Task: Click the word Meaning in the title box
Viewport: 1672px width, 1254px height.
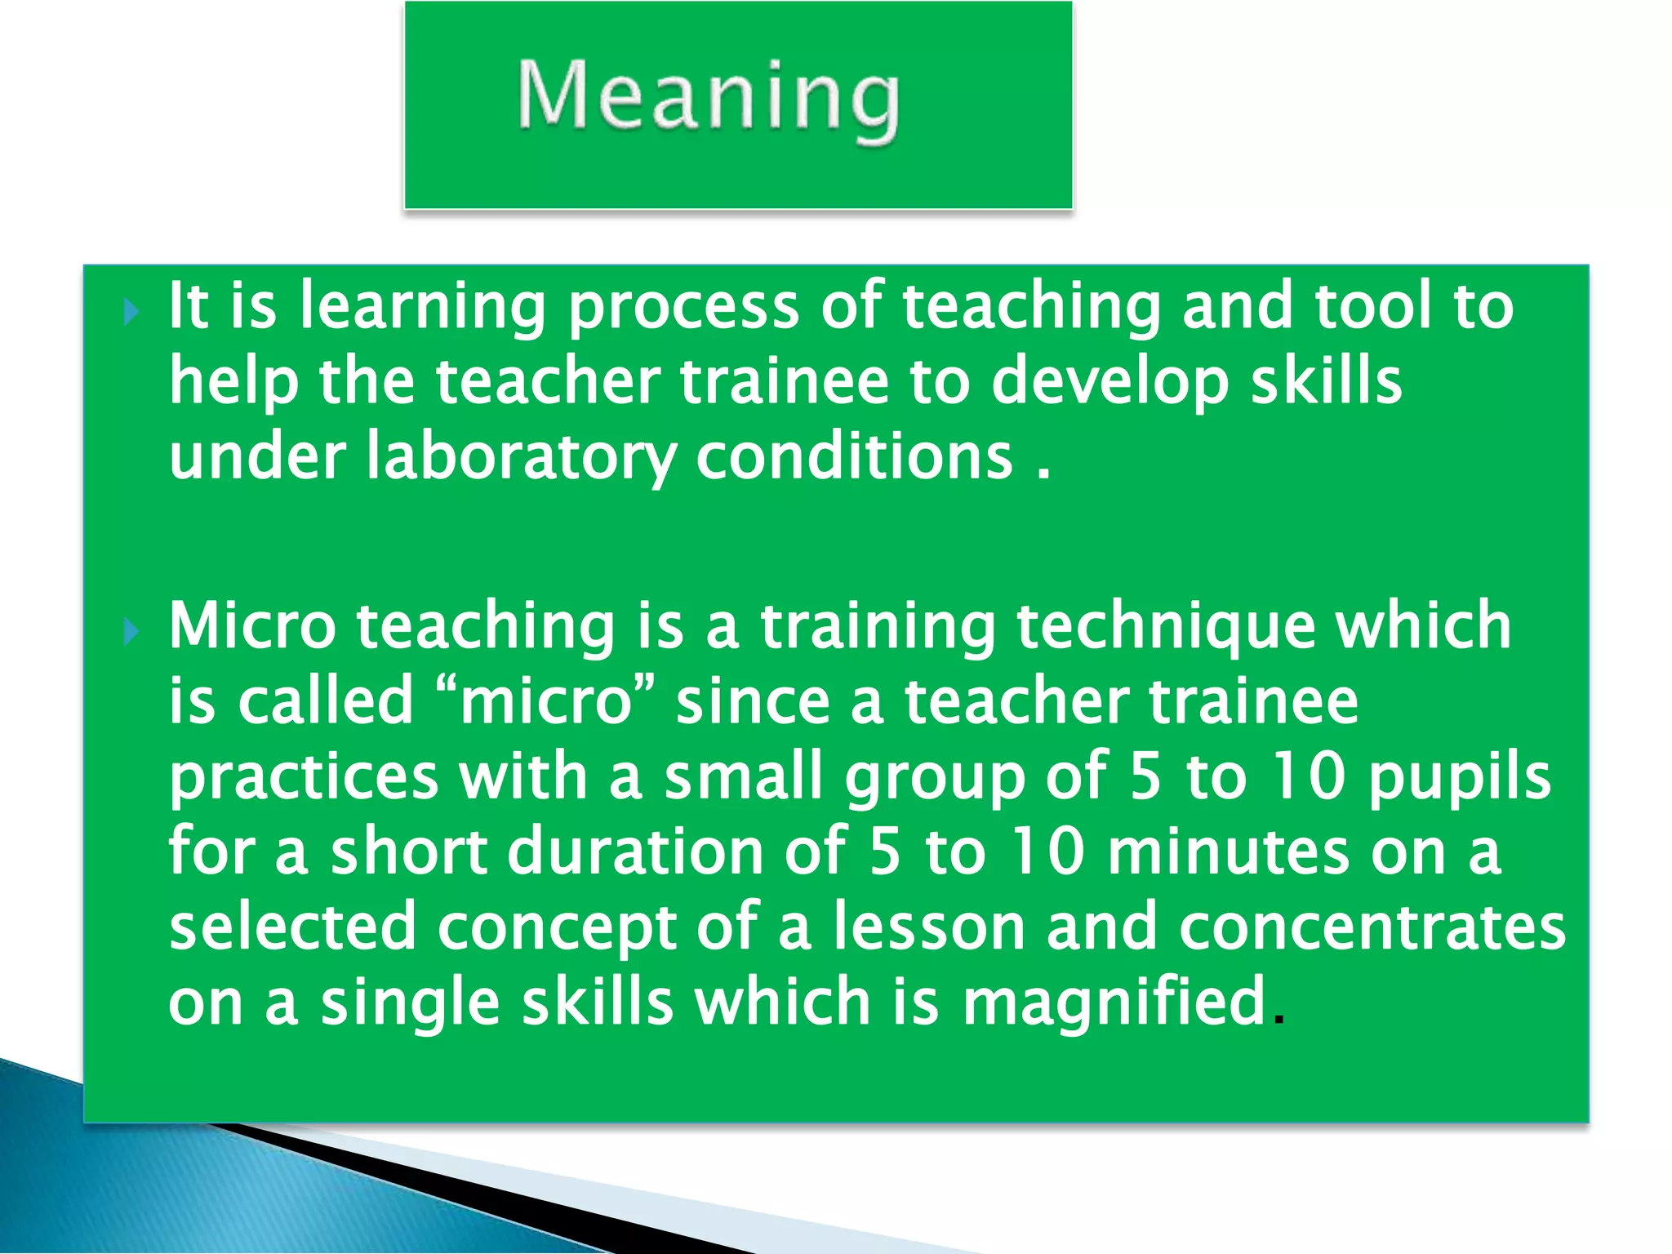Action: pyautogui.click(x=709, y=98)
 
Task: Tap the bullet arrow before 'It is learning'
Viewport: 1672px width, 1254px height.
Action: pyautogui.click(x=131, y=312)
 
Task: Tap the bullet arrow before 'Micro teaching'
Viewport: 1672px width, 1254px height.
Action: pyautogui.click(x=131, y=631)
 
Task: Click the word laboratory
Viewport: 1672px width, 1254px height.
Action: pyautogui.click(x=520, y=457)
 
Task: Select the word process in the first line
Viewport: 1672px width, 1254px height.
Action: pyautogui.click(x=683, y=307)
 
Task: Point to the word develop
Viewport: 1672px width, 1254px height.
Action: pyautogui.click(x=1109, y=382)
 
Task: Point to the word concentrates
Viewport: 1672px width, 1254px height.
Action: pyautogui.click(x=1372, y=927)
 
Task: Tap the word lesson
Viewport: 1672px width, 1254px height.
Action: pyautogui.click(x=928, y=927)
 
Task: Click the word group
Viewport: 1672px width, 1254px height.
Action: pyautogui.click(x=935, y=779)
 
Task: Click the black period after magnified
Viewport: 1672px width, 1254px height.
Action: pyautogui.click(x=1278, y=1021)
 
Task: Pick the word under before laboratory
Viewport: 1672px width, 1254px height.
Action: pyautogui.click(x=257, y=457)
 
